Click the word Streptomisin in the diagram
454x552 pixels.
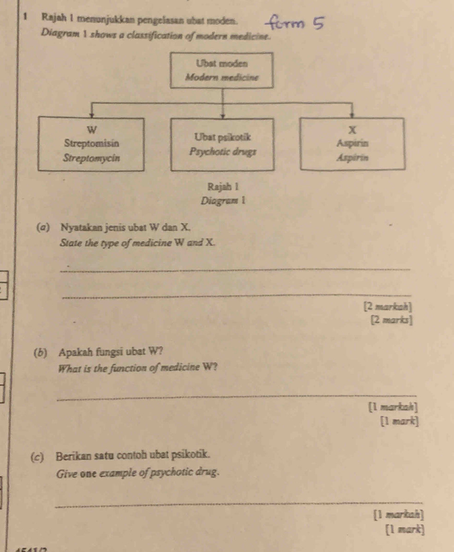91,143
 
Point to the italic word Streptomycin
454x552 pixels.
91,157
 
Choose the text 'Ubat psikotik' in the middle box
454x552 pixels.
223,137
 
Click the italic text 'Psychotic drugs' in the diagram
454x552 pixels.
223,151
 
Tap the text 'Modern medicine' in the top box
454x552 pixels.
222,77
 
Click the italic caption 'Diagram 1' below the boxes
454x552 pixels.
223,201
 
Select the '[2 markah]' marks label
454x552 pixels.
388,305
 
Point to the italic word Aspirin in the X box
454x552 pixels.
353,157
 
